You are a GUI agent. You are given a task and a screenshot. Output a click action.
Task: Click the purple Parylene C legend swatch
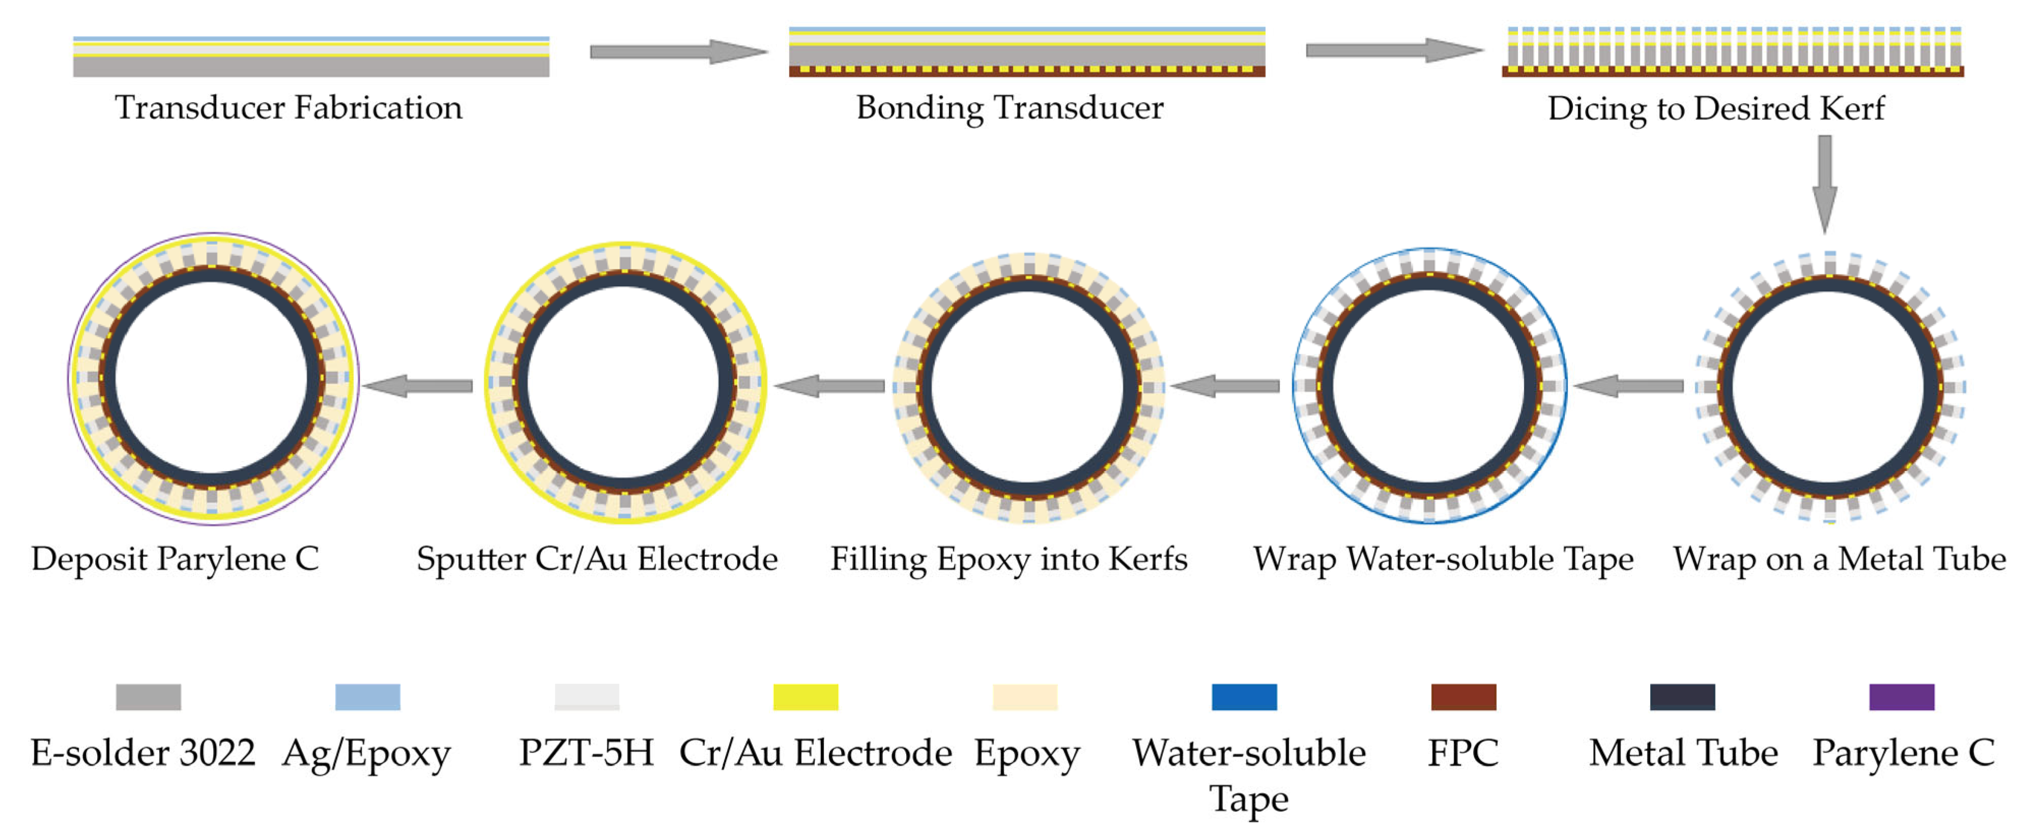pyautogui.click(x=1901, y=697)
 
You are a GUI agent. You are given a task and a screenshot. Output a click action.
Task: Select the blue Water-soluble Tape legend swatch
pyautogui.click(x=1244, y=697)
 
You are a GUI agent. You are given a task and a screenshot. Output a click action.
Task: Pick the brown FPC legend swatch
pyautogui.click(x=1463, y=697)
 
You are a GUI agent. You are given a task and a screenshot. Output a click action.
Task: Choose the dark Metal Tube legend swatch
pyautogui.click(x=1682, y=697)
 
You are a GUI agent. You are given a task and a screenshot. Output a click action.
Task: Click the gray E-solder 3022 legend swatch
pyautogui.click(x=148, y=697)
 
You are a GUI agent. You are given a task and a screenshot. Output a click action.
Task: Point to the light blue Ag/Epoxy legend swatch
pyautogui.click(x=367, y=697)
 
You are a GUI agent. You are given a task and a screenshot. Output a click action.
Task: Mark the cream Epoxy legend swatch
pyautogui.click(x=1024, y=697)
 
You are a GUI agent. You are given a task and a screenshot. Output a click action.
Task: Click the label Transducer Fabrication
pyautogui.click(x=288, y=108)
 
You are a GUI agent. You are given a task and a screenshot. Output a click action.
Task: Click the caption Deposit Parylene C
pyautogui.click(x=175, y=559)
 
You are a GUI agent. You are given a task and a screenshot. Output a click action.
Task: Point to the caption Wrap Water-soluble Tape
pyautogui.click(x=1443, y=559)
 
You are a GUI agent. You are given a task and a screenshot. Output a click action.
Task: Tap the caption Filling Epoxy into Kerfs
pyautogui.click(x=1008, y=559)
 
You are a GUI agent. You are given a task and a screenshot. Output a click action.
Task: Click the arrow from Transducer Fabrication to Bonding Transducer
pyautogui.click(x=677, y=52)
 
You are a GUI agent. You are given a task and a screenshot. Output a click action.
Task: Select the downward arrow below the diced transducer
pyautogui.click(x=1824, y=182)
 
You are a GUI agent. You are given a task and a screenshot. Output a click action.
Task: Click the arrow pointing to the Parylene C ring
pyautogui.click(x=417, y=386)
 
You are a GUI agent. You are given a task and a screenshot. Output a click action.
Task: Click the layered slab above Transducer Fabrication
pyautogui.click(x=311, y=57)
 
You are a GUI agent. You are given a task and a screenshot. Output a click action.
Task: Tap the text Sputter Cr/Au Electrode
pyautogui.click(x=596, y=559)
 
